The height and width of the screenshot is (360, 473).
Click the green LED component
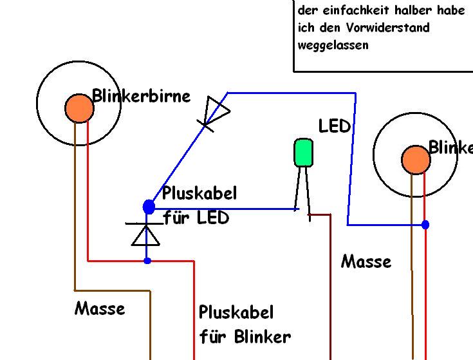(303, 153)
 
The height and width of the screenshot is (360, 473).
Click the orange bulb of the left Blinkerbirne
(79, 108)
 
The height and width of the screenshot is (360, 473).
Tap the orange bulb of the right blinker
(416, 160)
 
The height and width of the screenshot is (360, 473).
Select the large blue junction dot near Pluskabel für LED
(149, 207)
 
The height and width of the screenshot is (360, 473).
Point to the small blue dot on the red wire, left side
(147, 261)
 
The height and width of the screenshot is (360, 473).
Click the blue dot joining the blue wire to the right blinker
(425, 225)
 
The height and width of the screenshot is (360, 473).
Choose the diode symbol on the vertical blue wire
(145, 233)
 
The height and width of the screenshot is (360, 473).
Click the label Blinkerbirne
(142, 96)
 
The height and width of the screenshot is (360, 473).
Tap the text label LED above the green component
(334, 126)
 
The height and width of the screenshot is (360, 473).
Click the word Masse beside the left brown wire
(100, 308)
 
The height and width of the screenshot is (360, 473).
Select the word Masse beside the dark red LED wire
(366, 261)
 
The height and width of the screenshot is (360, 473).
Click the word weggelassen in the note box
(333, 45)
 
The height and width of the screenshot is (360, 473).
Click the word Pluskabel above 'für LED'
(199, 193)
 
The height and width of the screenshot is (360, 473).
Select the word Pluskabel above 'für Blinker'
(236, 313)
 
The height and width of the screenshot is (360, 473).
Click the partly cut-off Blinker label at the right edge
(450, 147)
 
